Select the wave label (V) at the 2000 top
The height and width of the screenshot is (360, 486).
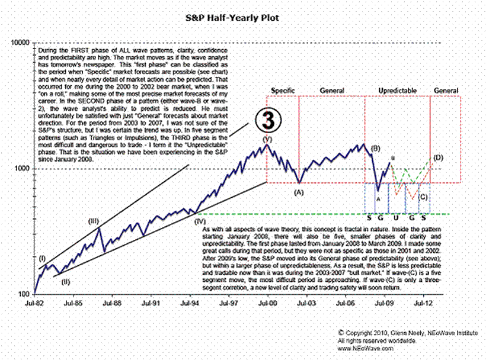tap(267, 138)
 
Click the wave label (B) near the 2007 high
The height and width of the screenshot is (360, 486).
tap(375, 147)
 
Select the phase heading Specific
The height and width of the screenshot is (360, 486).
tap(283, 91)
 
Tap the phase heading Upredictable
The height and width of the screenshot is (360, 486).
tap(398, 91)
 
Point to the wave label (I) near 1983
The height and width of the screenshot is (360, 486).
tap(43, 258)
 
